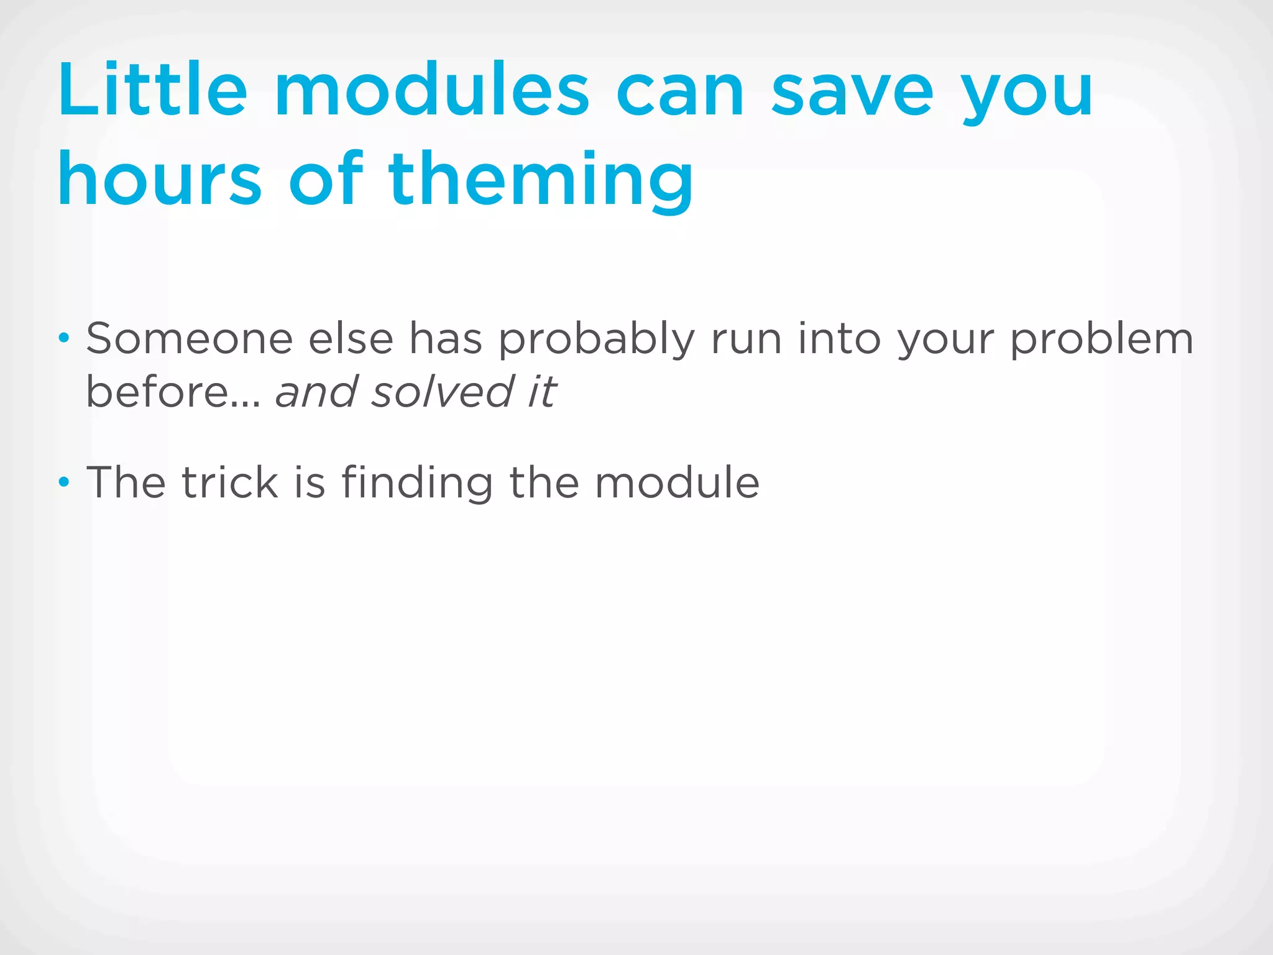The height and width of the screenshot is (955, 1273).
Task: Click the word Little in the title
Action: (x=152, y=90)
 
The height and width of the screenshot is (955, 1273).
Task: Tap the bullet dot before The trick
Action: (x=63, y=482)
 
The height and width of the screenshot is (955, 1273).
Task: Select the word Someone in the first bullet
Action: (x=189, y=339)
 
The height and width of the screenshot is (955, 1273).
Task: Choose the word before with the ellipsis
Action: (x=173, y=392)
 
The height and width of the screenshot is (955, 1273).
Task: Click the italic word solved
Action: (x=442, y=392)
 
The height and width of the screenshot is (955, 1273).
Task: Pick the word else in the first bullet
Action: (x=351, y=339)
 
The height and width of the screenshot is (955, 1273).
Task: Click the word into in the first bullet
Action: (x=839, y=339)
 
